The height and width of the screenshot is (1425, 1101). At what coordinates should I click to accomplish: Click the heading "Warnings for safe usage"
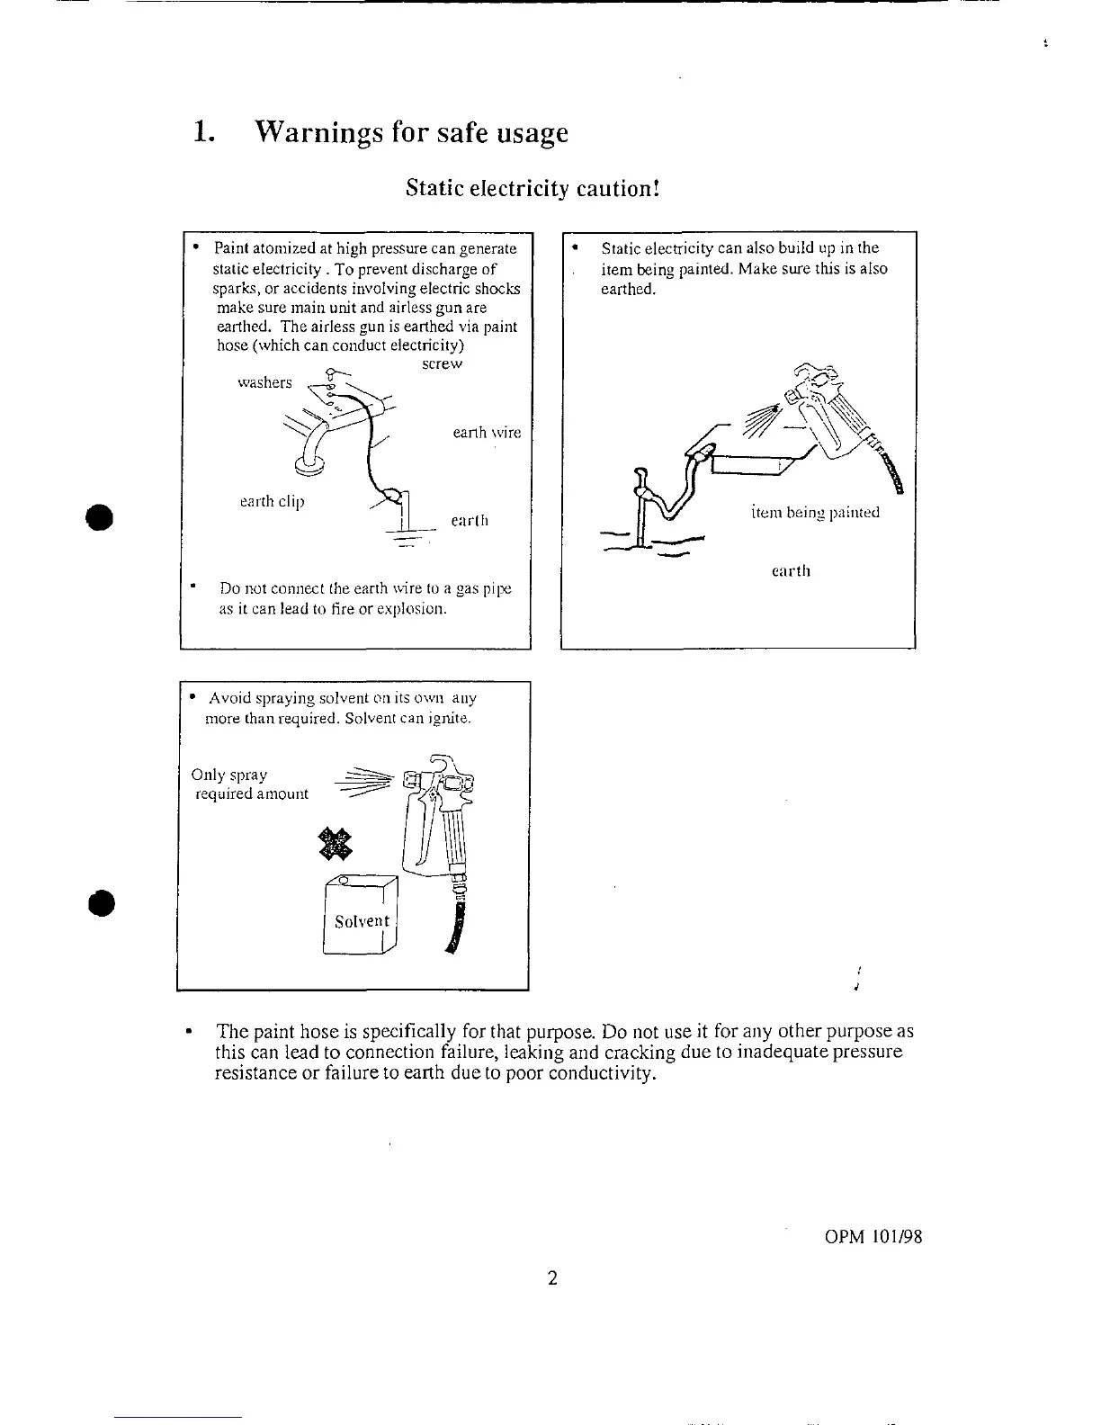[x=411, y=133]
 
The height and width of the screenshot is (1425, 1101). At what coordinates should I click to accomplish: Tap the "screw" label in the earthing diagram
[x=442, y=364]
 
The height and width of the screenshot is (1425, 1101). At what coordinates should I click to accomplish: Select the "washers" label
[x=264, y=382]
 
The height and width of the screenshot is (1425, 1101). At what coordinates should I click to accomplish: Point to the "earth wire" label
[x=487, y=433]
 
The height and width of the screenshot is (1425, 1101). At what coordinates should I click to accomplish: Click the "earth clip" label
[x=272, y=501]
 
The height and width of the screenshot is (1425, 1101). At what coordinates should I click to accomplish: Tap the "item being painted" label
[x=815, y=513]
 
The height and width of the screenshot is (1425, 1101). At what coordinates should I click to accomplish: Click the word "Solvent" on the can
[x=362, y=921]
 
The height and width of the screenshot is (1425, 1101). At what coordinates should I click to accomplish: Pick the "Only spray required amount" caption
[x=250, y=784]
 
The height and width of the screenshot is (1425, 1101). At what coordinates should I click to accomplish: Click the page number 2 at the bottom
[x=552, y=1277]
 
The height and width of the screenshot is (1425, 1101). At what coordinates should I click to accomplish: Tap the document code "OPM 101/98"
[x=873, y=1237]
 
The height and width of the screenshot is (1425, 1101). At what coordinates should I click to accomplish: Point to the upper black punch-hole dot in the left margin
[x=97, y=519]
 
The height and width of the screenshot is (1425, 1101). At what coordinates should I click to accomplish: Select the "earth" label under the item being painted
[x=792, y=571]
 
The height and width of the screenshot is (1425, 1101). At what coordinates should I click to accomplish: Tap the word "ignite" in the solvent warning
[x=450, y=719]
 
